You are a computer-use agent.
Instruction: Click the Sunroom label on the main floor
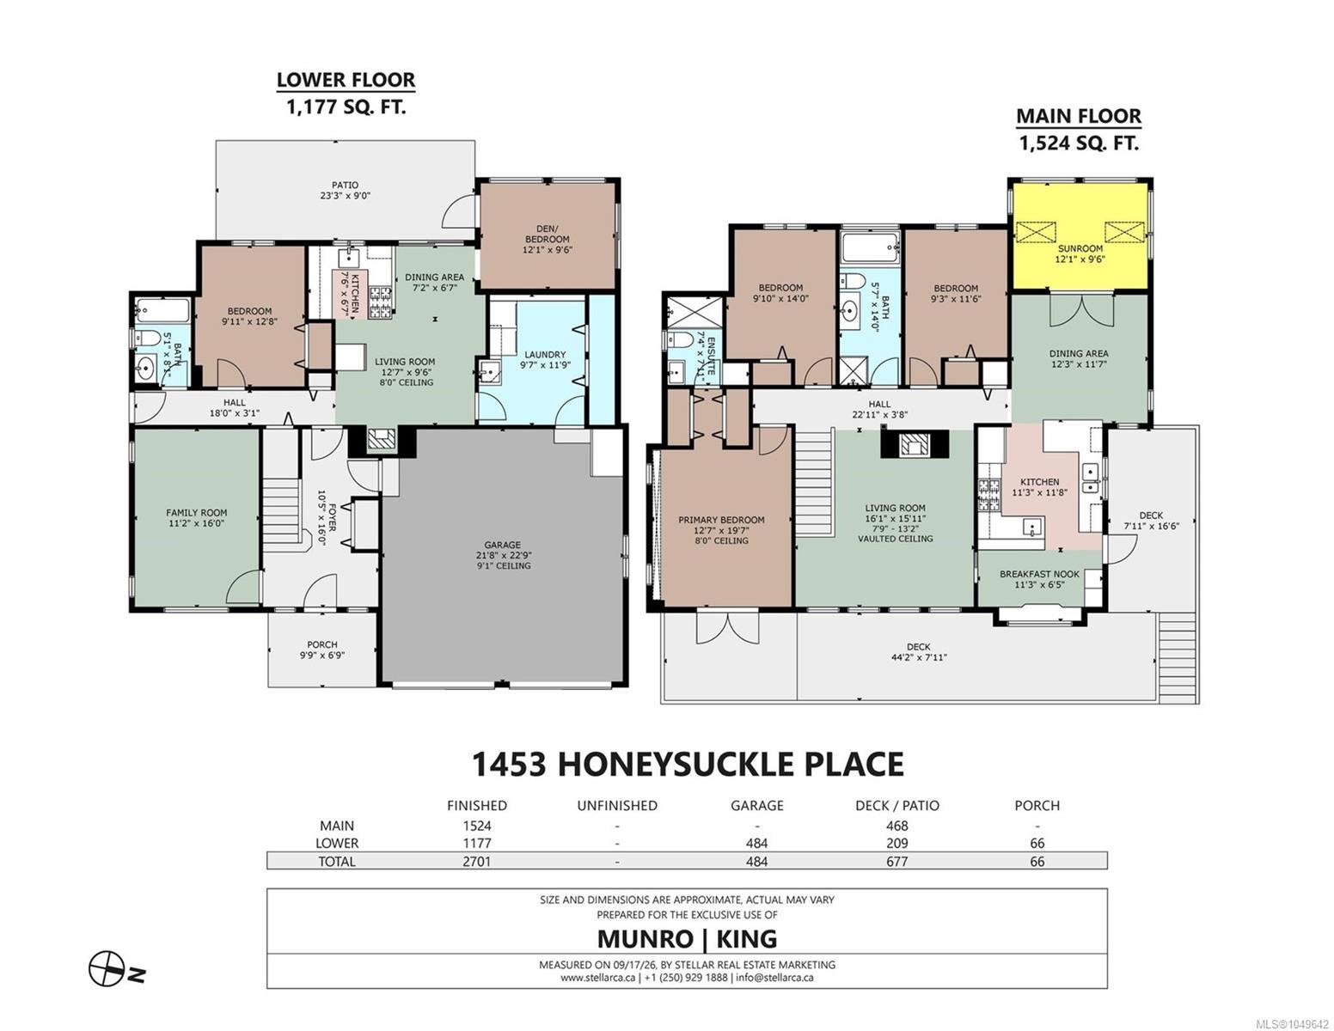(1080, 248)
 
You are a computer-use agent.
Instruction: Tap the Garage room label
(502, 545)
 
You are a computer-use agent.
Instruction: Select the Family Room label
(197, 513)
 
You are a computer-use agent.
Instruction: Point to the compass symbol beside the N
(107, 969)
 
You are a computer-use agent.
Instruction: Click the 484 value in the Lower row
(756, 844)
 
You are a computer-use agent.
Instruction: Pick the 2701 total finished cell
(477, 862)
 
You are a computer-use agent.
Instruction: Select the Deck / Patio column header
(896, 805)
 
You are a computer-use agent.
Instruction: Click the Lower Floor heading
(346, 80)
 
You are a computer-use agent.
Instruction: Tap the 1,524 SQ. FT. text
(1079, 143)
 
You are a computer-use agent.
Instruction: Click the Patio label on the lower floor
(345, 185)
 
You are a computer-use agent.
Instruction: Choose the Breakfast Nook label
(1039, 574)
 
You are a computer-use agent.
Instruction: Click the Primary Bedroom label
(721, 520)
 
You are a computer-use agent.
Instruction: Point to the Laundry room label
(545, 355)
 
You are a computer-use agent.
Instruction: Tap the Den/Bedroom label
(547, 234)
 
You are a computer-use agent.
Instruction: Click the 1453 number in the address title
(508, 764)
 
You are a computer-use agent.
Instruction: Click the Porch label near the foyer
(322, 644)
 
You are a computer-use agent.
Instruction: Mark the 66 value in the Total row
(1037, 862)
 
